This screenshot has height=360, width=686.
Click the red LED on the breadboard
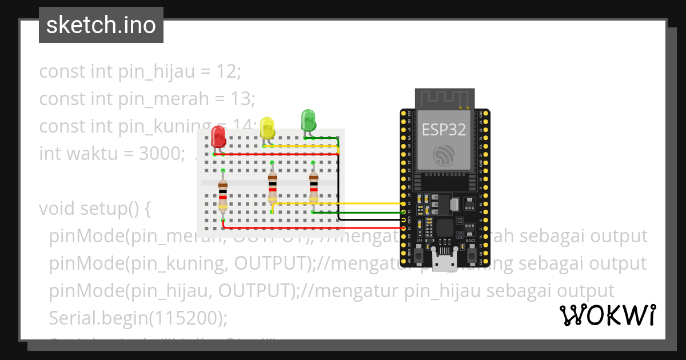pyautogui.click(x=218, y=136)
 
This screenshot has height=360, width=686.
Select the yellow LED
pyautogui.click(x=267, y=127)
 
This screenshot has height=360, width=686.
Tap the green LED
pyautogui.click(x=308, y=121)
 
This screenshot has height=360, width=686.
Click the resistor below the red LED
pyautogui.click(x=223, y=195)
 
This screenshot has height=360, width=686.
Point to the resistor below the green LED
pyautogui.click(x=313, y=187)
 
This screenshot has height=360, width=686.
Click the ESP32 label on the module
pyautogui.click(x=444, y=129)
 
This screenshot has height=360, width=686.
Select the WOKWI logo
pyautogui.click(x=608, y=315)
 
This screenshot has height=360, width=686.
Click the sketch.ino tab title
pyautogui.click(x=101, y=25)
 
